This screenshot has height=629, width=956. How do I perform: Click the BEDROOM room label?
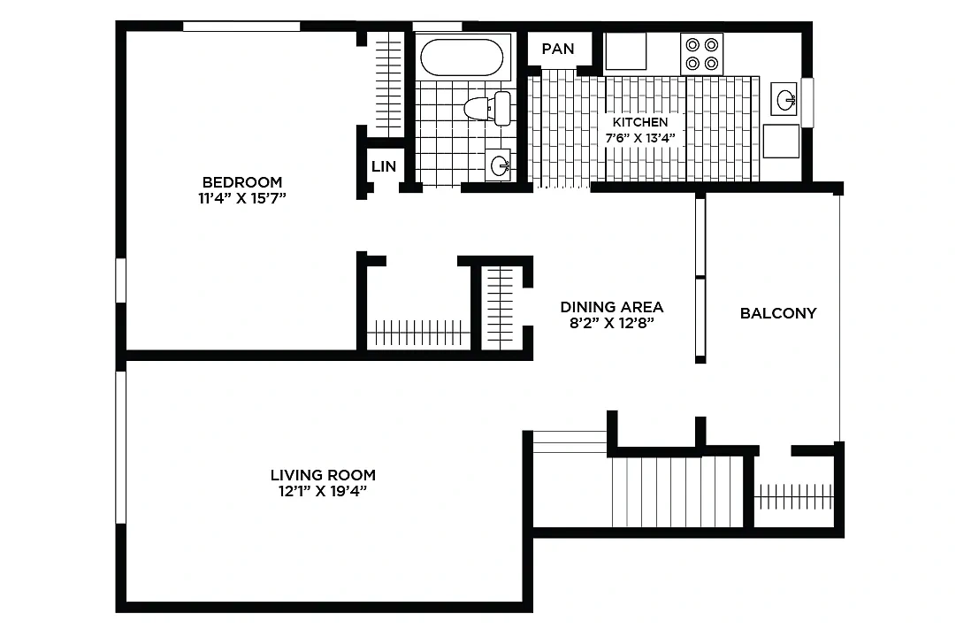click(x=242, y=182)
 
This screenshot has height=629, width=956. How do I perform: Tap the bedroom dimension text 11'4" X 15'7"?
click(x=242, y=198)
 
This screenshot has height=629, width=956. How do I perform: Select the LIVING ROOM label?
click(x=323, y=475)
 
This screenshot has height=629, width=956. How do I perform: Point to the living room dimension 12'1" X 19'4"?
click(x=323, y=491)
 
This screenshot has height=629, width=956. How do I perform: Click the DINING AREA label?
click(x=611, y=307)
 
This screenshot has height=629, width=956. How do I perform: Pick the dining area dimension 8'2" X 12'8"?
click(x=611, y=323)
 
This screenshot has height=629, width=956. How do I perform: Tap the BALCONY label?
click(x=778, y=313)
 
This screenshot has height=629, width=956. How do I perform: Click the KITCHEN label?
click(x=640, y=122)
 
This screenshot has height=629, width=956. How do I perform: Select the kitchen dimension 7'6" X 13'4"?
click(x=640, y=138)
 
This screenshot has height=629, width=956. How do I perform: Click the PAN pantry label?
click(x=558, y=49)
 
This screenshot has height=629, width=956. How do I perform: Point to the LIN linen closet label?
click(x=384, y=166)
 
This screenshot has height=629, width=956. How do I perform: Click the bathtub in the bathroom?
click(x=463, y=58)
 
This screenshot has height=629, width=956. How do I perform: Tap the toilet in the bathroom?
click(x=488, y=109)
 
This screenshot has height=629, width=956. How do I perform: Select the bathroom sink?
click(x=499, y=165)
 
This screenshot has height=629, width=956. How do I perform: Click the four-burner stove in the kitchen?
click(x=702, y=54)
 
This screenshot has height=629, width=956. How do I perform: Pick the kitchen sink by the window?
click(x=784, y=99)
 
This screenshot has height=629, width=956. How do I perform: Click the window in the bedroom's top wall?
click(x=241, y=27)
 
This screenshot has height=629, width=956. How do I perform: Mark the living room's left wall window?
click(x=121, y=447)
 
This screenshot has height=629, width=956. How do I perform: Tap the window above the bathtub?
click(x=437, y=27)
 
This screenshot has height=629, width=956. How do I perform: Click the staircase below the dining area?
click(x=677, y=492)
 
